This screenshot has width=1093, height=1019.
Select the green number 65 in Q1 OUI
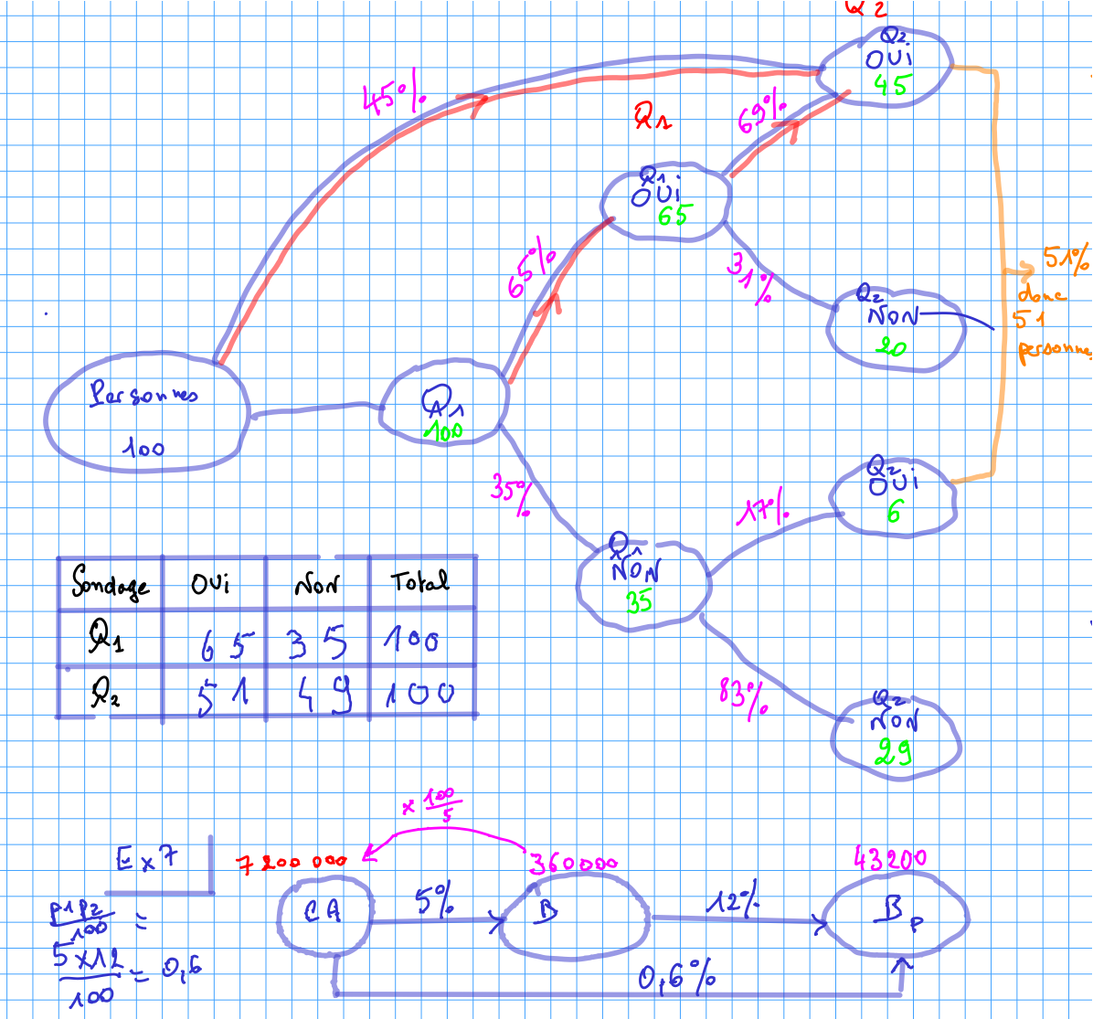coord(674,217)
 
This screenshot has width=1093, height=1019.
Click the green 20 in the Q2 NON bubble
coord(890,346)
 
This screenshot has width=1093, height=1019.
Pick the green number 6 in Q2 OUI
coord(894,514)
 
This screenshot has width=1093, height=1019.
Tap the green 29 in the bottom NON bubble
coord(895,751)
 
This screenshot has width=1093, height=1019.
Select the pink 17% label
coord(763,511)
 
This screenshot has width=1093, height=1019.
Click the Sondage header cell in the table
coord(110,583)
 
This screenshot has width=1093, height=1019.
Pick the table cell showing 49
coord(319,695)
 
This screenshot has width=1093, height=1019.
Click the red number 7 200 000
coord(292,862)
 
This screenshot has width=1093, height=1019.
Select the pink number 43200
coord(889,858)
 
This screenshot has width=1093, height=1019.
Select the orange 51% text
coord(1066,260)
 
